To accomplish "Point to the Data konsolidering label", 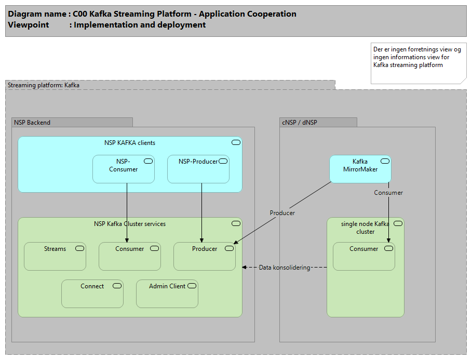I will pos(284,268).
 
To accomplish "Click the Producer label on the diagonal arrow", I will pos(282,213).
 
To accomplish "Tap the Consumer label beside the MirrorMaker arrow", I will pos(388,193).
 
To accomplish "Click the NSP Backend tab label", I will pos(32,123).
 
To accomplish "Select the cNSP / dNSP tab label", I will pos(300,123).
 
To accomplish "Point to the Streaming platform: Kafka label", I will pos(44,85).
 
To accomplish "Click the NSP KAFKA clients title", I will pos(130,143).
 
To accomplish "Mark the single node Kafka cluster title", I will pos(365,228).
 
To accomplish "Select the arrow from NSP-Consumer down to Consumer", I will pos(127,213).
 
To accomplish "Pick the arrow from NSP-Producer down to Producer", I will pos(201,213).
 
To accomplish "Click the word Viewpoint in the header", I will pos(29,25).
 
